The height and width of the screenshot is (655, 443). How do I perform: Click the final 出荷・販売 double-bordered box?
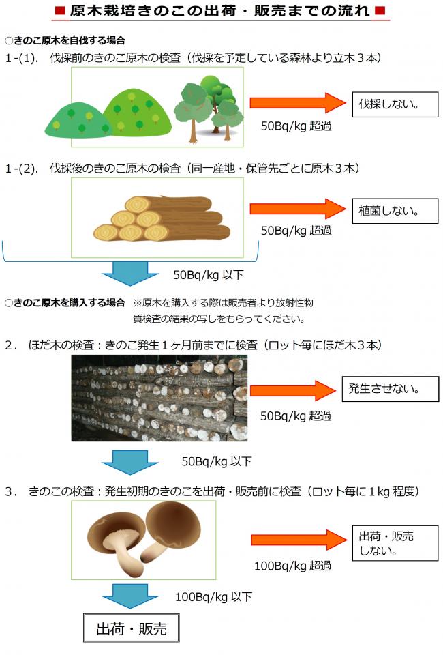point(131,628)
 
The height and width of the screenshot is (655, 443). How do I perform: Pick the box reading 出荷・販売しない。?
point(395,542)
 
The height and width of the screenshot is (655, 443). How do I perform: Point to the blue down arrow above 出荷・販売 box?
point(130,595)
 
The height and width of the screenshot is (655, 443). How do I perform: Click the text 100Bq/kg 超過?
point(292,565)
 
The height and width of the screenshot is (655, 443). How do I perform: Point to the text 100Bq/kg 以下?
point(213,596)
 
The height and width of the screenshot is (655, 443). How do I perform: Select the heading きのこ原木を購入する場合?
point(69,302)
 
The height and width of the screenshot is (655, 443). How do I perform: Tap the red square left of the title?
point(60,11)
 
